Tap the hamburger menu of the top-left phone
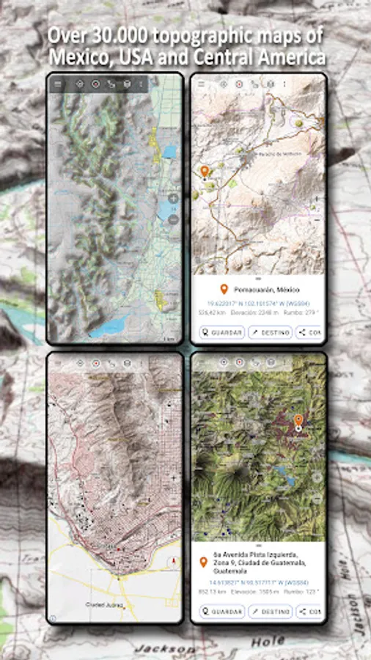58,84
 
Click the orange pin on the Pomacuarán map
205,172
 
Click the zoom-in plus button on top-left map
173,198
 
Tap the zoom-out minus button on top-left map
173,218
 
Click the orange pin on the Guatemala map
298,421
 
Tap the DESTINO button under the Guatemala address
271,612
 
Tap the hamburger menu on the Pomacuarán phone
203,84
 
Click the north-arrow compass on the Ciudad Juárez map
173,561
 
